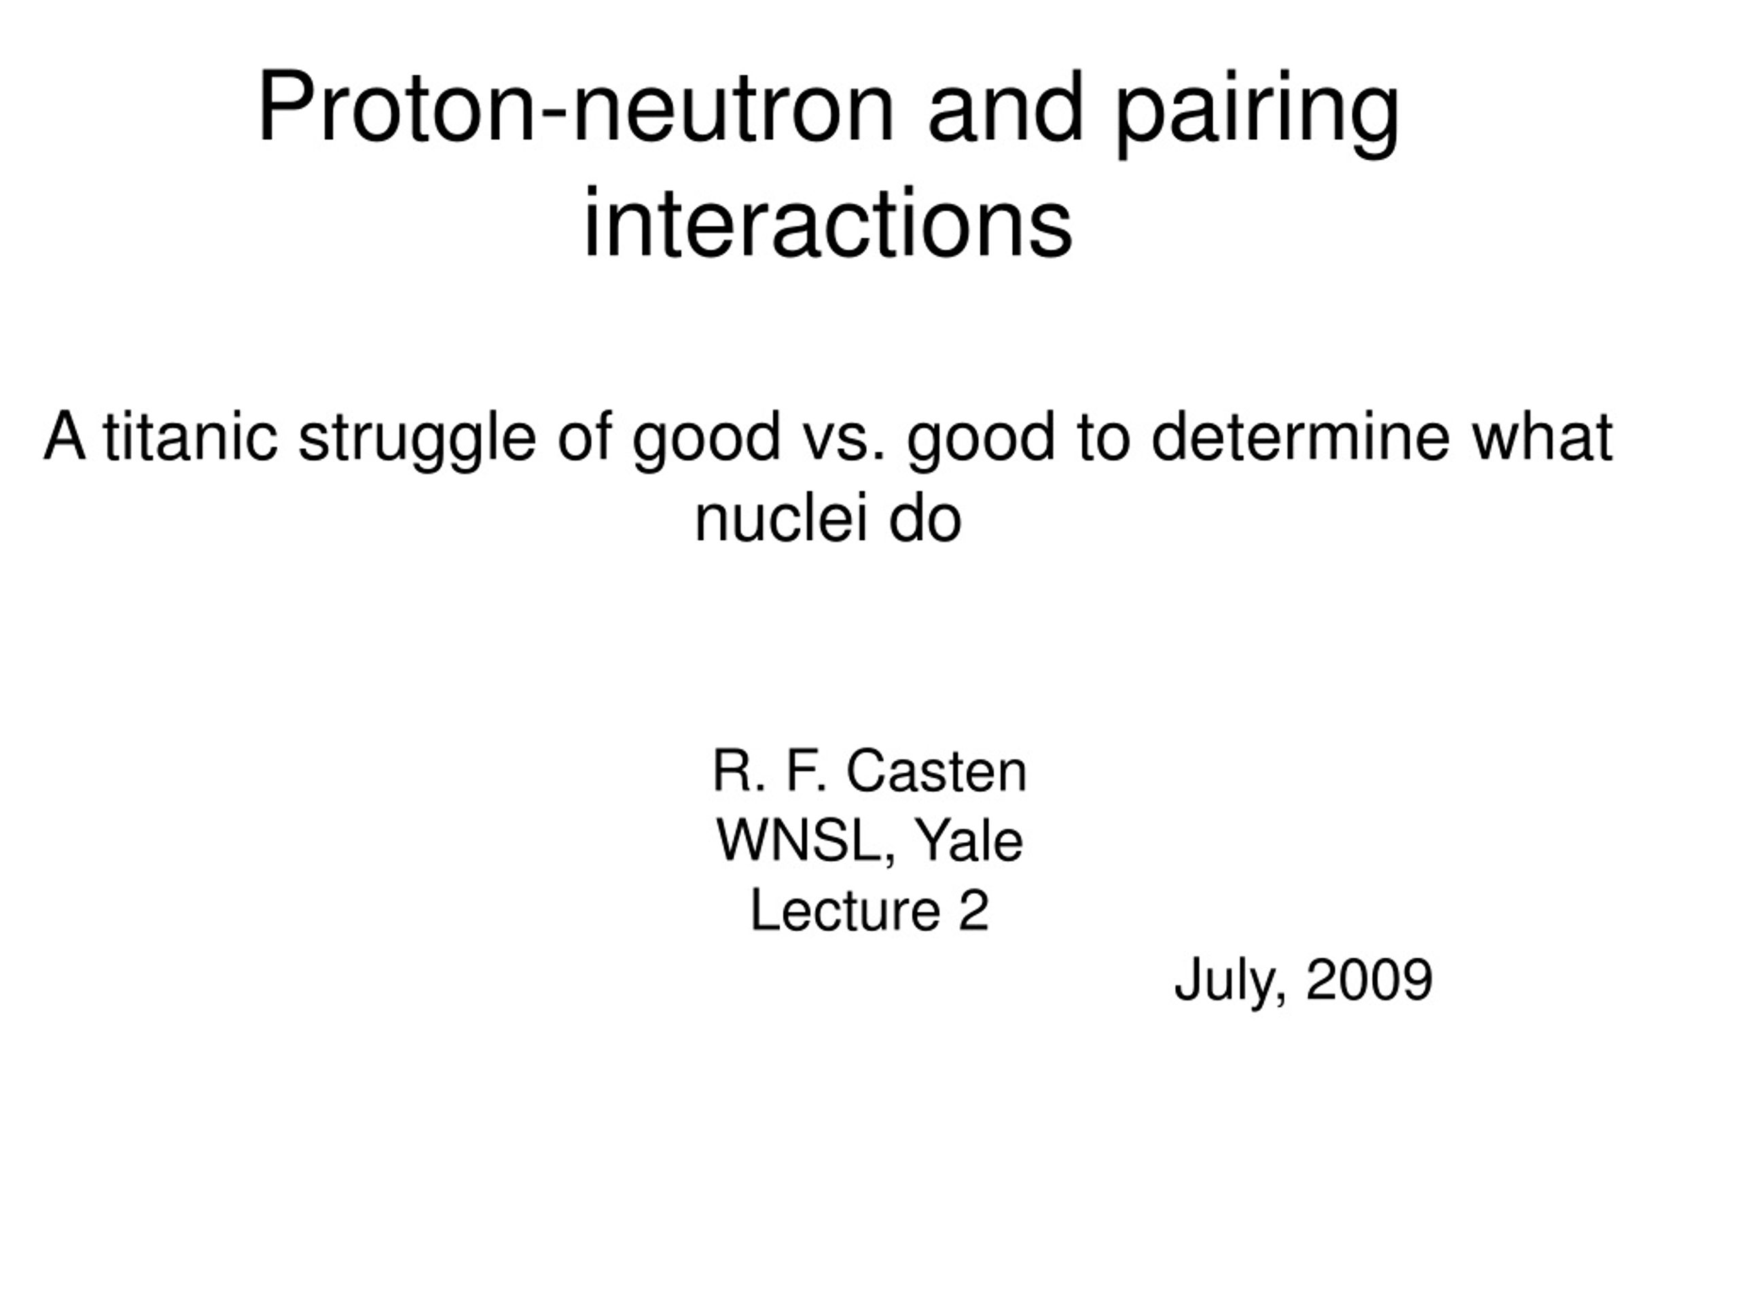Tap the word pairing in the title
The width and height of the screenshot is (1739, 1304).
click(x=1257, y=113)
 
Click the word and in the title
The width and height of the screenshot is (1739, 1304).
click(x=1006, y=108)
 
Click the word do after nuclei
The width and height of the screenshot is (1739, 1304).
click(x=925, y=519)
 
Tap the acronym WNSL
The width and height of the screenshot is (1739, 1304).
click(x=806, y=841)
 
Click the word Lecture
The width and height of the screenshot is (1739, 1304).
click(x=845, y=911)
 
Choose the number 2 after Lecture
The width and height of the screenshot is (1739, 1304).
click(x=973, y=911)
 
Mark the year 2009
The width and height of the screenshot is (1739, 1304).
click(x=1369, y=980)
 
